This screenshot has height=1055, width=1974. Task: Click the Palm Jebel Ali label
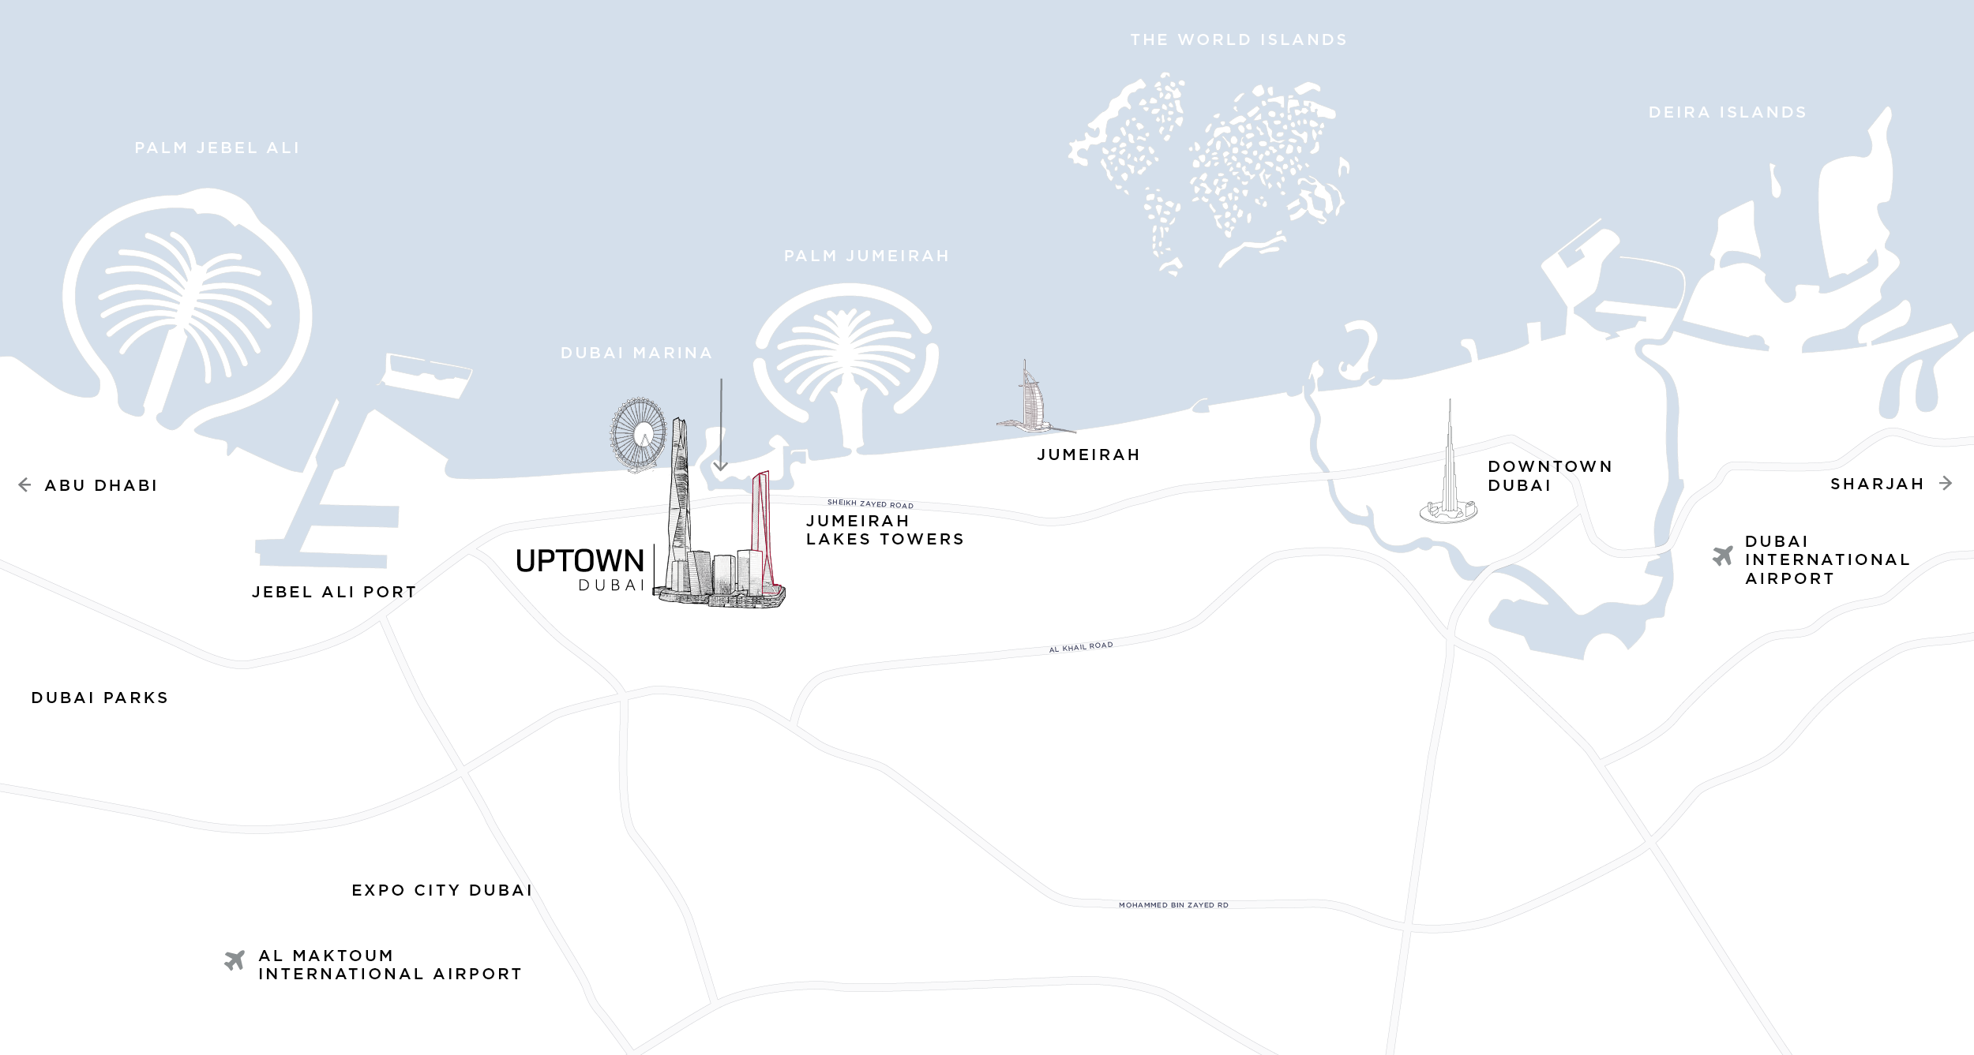[217, 148]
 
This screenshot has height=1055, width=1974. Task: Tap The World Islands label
[1238, 40]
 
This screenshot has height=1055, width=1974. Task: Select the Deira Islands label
[1727, 113]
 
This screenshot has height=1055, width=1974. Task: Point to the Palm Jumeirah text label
[866, 256]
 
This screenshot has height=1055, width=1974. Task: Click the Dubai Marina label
[636, 354]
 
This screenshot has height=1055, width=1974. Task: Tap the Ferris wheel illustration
[638, 434]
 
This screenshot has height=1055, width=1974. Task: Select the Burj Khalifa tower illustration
[1449, 473]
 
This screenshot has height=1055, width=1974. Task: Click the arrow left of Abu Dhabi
[24, 485]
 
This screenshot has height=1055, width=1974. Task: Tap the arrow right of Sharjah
[1946, 484]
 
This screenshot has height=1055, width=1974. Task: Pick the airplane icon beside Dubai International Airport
[1722, 556]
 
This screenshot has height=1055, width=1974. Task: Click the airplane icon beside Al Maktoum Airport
[235, 960]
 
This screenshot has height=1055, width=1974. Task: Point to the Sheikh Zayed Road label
[870, 503]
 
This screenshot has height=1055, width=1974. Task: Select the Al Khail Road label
[1080, 647]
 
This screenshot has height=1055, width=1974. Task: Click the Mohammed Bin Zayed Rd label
[1173, 905]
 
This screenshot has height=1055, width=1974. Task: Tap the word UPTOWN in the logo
[580, 561]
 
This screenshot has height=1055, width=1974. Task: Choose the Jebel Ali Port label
[334, 593]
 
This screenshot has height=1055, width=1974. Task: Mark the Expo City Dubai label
[442, 891]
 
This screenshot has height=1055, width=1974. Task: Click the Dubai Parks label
[99, 698]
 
